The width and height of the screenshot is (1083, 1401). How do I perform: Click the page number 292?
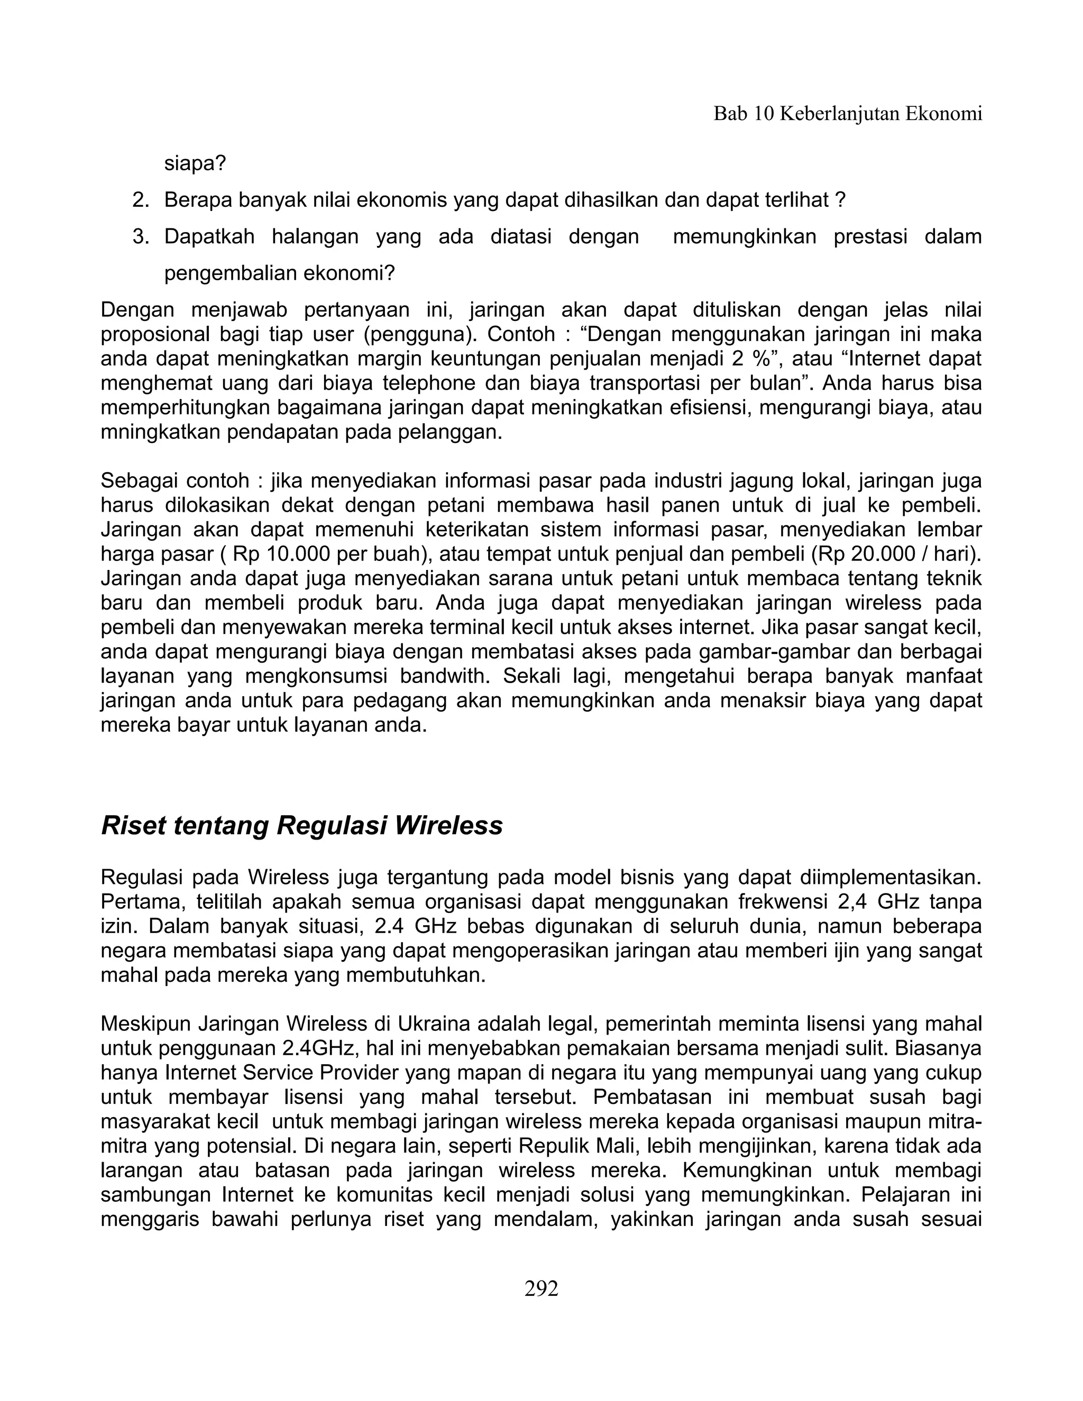[x=541, y=1288]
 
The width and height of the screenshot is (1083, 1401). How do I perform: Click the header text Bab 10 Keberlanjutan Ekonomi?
[x=848, y=114]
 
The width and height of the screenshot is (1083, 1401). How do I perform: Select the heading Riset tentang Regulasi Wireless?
[x=301, y=826]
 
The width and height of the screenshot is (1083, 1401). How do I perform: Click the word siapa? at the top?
[x=195, y=164]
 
